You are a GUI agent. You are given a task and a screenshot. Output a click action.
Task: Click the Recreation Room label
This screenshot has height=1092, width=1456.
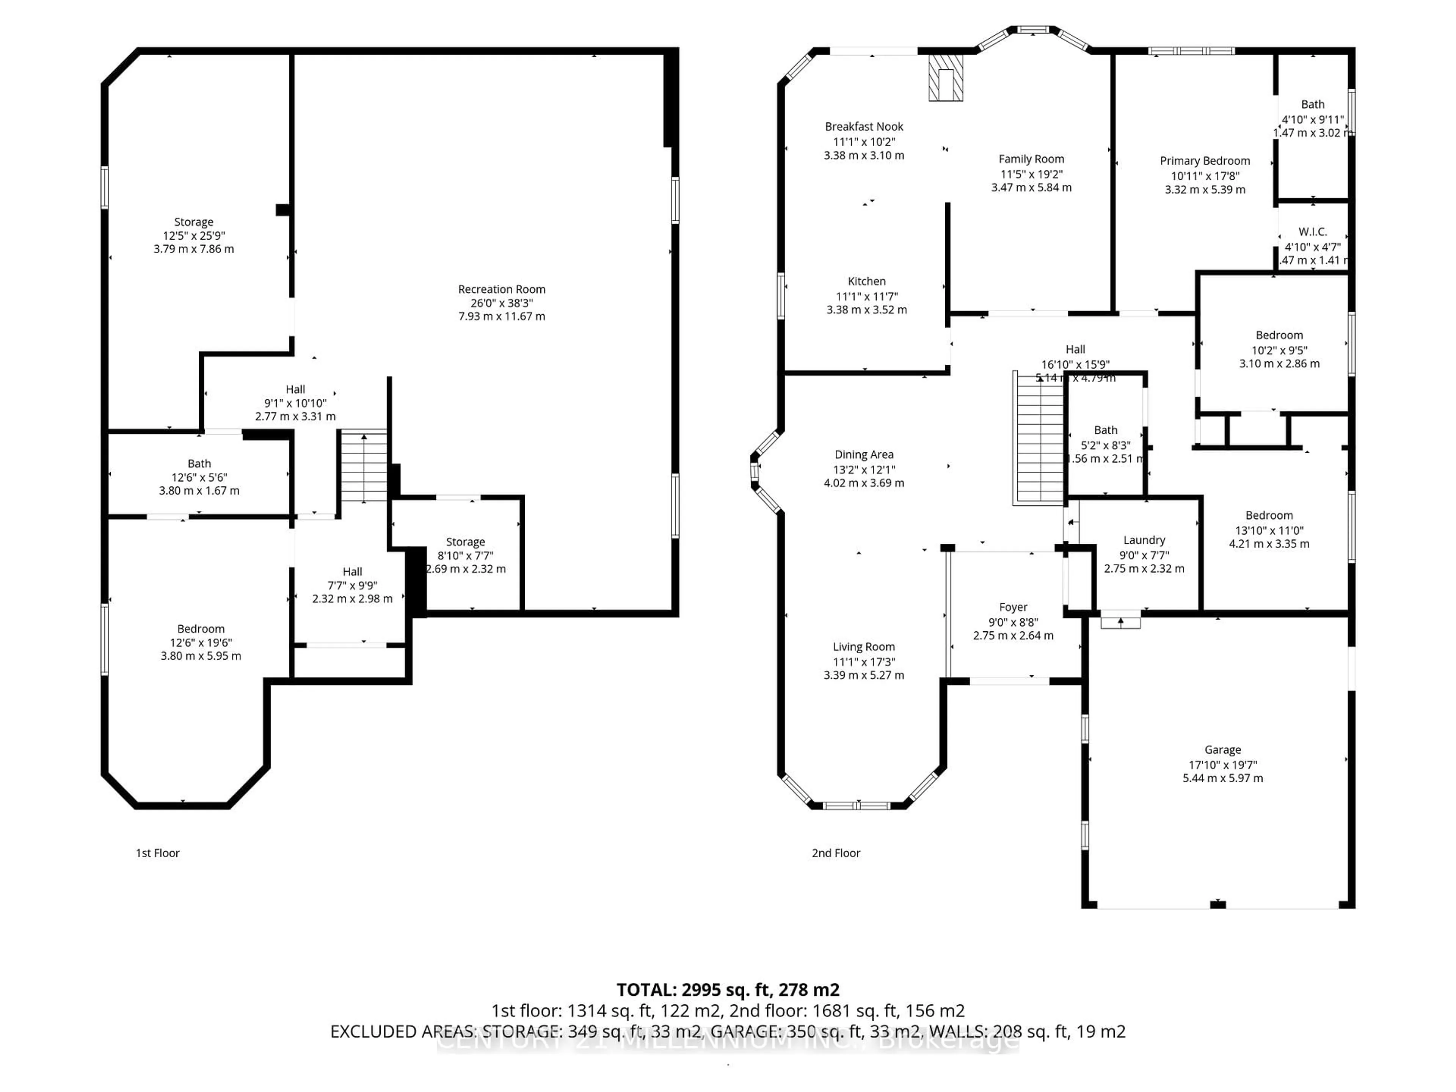[x=502, y=289]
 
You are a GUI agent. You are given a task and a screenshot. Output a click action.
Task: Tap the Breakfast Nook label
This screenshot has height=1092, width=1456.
[x=864, y=126]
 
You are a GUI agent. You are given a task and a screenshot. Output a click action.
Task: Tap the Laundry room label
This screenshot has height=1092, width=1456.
[x=1144, y=540]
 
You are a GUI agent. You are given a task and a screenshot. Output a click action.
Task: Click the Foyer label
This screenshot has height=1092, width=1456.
[x=1013, y=607]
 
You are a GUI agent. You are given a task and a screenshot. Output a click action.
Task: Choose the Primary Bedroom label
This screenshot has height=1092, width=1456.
[x=1205, y=161]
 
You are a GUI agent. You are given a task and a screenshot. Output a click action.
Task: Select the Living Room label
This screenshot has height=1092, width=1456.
[x=864, y=647]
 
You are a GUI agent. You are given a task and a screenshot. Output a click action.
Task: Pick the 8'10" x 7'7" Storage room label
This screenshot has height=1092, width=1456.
[x=465, y=542]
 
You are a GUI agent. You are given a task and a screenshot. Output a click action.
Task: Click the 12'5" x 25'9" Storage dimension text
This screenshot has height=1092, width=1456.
[x=193, y=235]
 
